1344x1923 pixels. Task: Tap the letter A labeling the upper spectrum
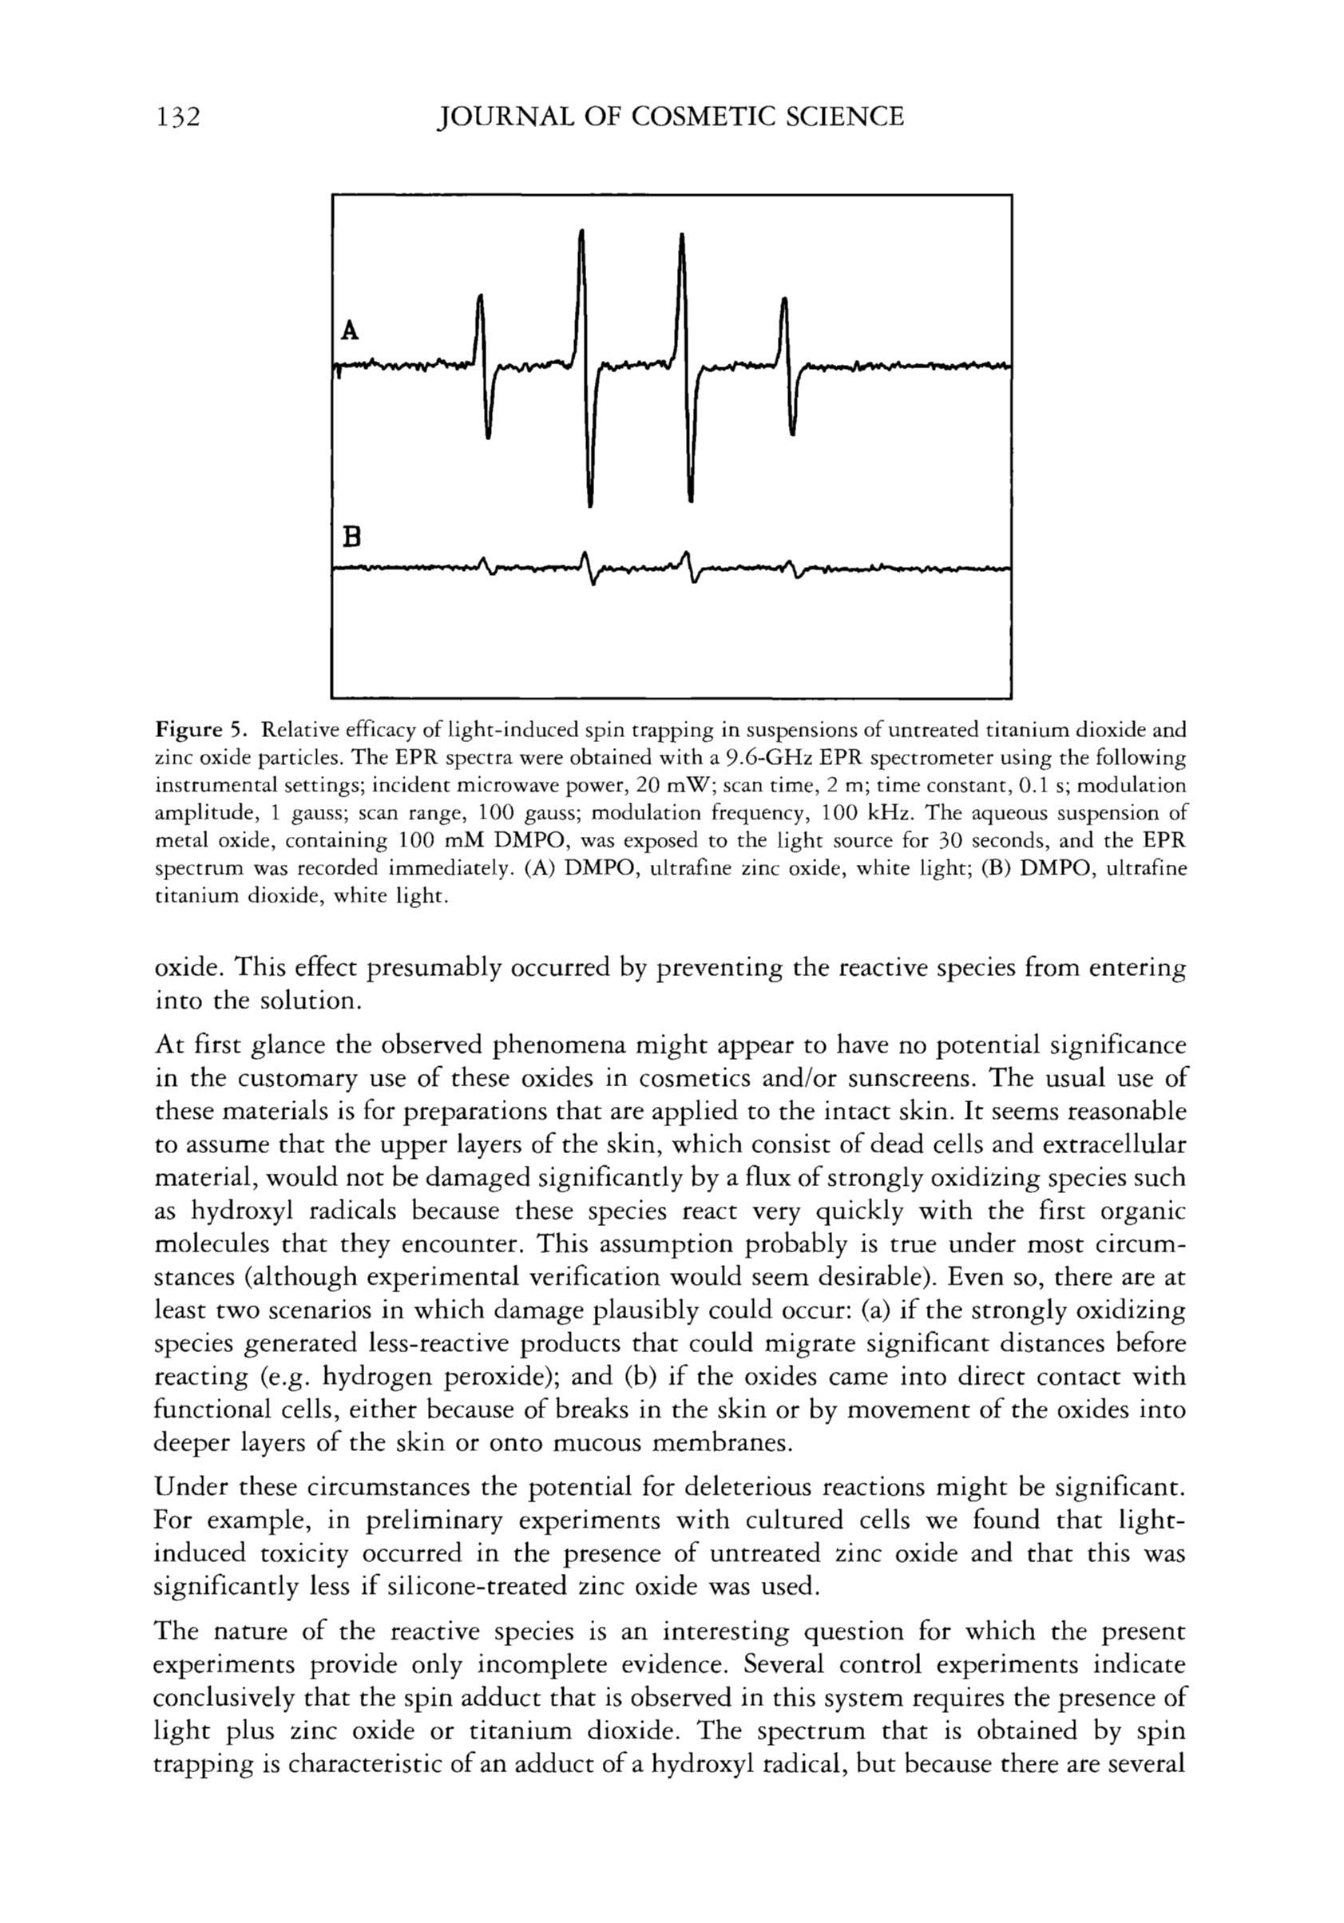(x=350, y=331)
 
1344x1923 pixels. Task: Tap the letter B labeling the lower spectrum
(x=351, y=537)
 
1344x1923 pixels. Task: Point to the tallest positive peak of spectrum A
(x=582, y=235)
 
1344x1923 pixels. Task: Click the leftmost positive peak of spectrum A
(x=480, y=298)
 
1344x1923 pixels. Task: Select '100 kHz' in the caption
(x=864, y=813)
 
